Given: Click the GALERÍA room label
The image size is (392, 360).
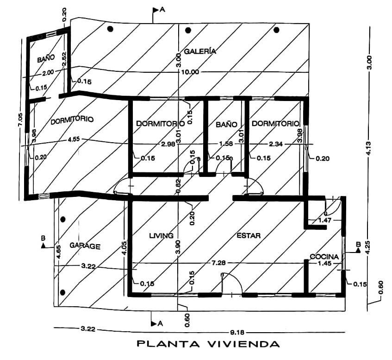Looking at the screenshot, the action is click(200, 51).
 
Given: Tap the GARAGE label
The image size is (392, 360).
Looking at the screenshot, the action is click(85, 246).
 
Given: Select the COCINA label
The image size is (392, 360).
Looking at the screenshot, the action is click(324, 257).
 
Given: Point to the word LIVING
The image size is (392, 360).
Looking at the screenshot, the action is click(161, 235).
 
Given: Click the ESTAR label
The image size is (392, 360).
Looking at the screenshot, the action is click(249, 235).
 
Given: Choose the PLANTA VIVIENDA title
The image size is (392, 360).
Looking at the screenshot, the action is click(208, 344).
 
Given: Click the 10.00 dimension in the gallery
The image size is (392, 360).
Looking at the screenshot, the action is click(191, 72).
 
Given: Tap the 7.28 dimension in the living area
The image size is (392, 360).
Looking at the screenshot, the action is click(219, 263).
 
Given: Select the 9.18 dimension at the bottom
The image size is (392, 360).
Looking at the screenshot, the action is click(236, 333).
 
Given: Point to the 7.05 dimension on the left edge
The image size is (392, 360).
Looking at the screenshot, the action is click(20, 120).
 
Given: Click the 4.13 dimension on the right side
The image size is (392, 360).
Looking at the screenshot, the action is click(369, 148).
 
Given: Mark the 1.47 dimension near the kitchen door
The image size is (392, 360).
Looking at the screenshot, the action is click(325, 220).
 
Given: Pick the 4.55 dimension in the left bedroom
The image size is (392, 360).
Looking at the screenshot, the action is click(74, 139).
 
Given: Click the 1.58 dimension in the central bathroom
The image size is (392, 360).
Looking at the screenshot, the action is click(226, 144).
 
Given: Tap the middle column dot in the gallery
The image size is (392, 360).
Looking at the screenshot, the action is click(188, 30).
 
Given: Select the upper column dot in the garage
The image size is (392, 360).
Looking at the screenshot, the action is click(63, 219).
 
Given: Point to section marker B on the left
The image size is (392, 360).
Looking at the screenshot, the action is click(43, 242).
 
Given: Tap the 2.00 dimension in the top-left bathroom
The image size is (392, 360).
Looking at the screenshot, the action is click(48, 72).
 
